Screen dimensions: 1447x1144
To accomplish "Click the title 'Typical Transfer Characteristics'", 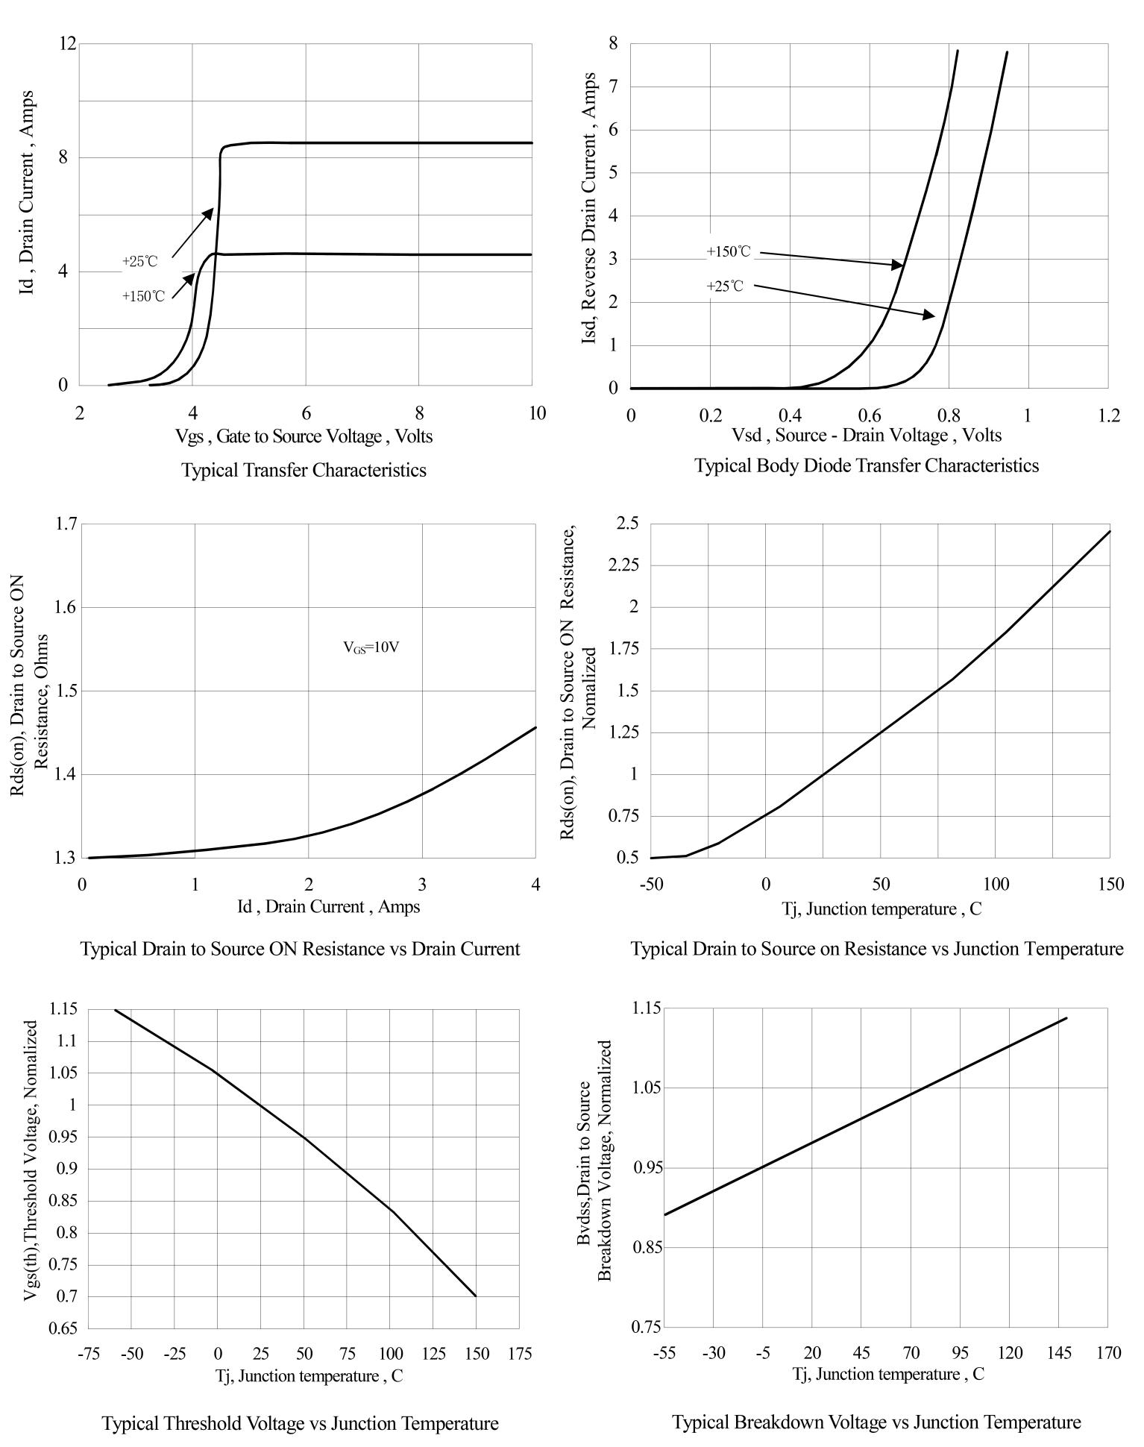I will tap(304, 471).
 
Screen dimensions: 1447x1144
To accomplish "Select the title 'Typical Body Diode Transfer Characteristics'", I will tap(867, 466).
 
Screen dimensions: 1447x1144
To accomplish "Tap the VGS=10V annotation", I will tap(371, 648).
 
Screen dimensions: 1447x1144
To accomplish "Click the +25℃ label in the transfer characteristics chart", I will tap(140, 262).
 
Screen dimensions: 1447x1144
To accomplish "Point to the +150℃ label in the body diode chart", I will tap(729, 252).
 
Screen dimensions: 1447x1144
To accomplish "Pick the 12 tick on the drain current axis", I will tap(68, 43).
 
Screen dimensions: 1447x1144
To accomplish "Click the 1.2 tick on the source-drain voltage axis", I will tap(1109, 415).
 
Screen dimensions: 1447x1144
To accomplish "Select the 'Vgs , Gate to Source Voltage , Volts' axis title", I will tap(304, 436).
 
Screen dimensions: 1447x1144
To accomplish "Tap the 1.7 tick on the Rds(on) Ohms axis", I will tap(66, 524).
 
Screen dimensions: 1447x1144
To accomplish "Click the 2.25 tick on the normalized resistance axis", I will tap(623, 565).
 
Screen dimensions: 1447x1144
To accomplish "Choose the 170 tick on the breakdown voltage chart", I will tap(1109, 1352).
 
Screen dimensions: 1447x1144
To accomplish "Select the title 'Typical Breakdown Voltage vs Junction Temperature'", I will tap(877, 1422).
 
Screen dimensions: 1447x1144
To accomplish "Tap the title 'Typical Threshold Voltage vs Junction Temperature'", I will tap(300, 1424).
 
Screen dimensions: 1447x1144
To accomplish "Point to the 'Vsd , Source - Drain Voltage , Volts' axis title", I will tap(867, 436).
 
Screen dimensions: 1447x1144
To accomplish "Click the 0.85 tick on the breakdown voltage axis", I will tap(646, 1247).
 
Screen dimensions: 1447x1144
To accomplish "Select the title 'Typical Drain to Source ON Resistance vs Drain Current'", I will tap(300, 950).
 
